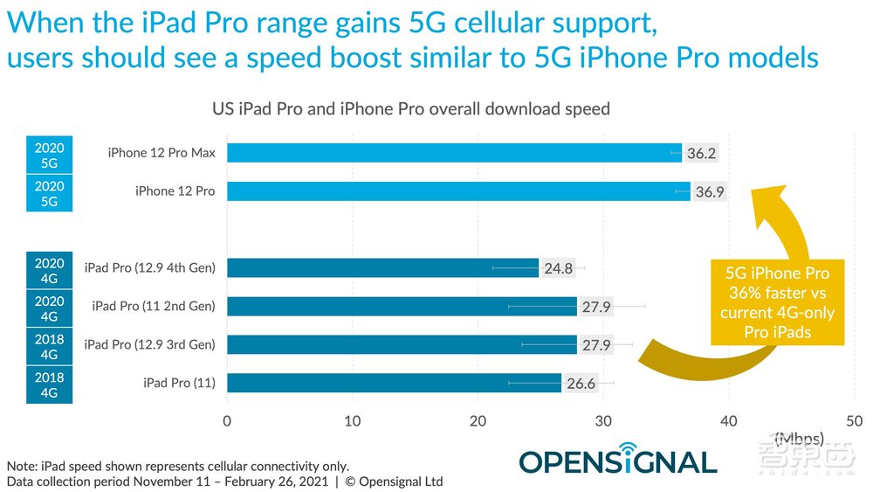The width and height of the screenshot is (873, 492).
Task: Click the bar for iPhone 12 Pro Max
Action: click(x=454, y=153)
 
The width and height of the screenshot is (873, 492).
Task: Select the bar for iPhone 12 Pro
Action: click(x=458, y=191)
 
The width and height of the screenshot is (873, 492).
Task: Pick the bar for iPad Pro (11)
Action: click(x=394, y=383)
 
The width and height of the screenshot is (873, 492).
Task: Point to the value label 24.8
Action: click(x=559, y=268)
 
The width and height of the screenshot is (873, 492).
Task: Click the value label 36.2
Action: click(x=701, y=153)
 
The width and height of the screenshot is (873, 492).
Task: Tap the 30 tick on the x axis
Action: click(x=603, y=420)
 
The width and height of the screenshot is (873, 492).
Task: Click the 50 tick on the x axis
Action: click(x=854, y=420)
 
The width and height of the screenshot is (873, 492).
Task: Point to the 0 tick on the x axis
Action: click(x=227, y=420)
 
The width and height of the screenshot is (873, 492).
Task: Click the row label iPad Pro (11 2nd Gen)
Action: click(x=153, y=306)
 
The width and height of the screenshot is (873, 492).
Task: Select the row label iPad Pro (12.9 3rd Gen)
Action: click(x=149, y=344)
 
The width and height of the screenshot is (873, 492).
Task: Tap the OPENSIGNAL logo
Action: click(x=617, y=461)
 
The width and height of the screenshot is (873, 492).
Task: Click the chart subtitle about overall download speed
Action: click(x=411, y=109)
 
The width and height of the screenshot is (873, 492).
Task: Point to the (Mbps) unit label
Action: click(x=798, y=437)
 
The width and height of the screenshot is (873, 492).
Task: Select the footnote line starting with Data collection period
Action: click(x=224, y=482)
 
